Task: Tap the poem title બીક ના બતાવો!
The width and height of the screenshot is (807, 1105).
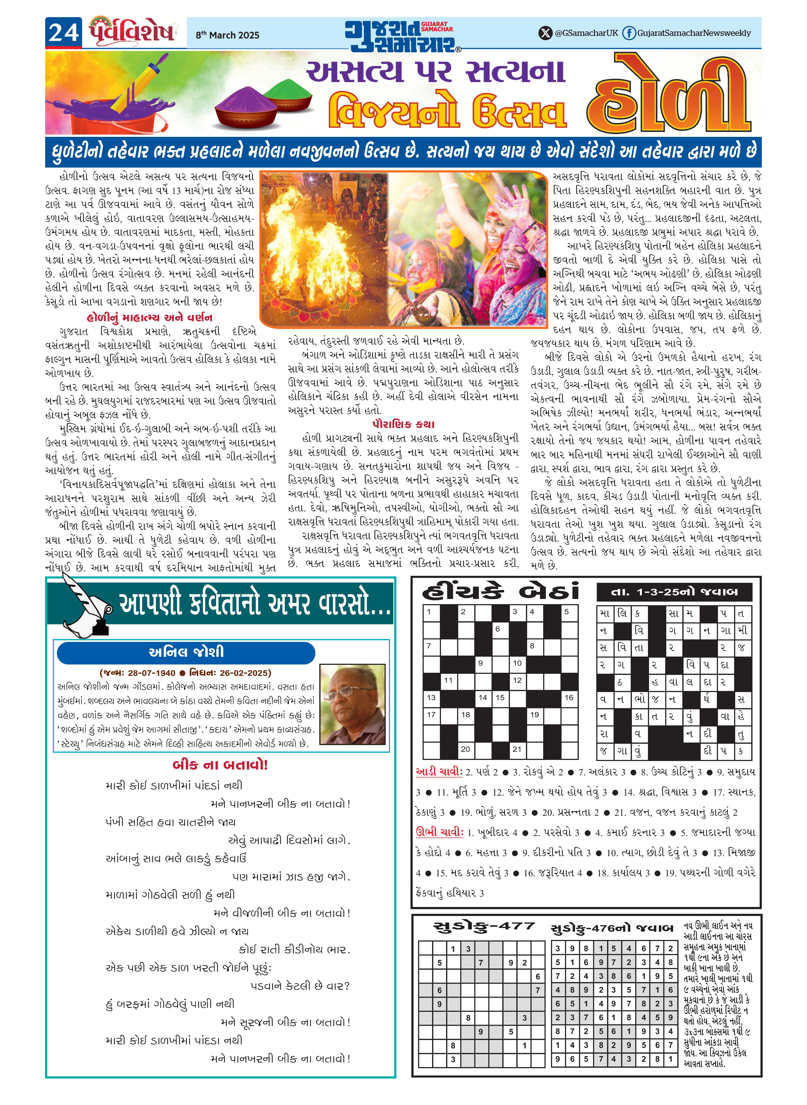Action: [220, 765]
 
